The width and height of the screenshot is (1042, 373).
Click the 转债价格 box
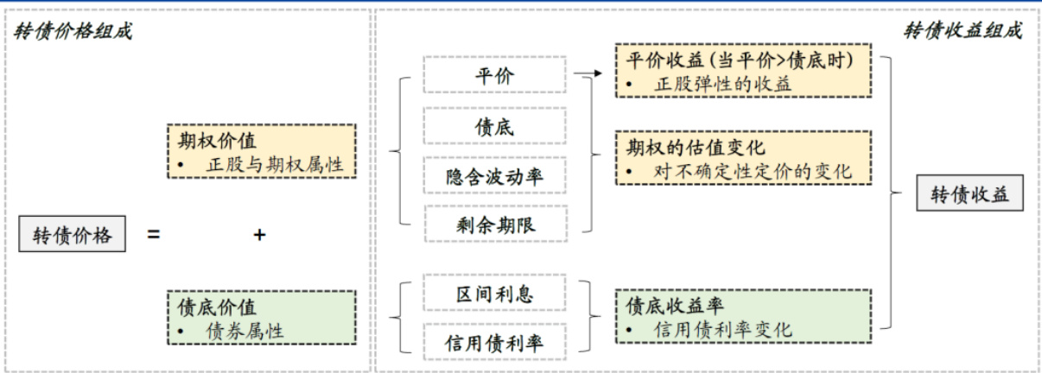[x=72, y=235]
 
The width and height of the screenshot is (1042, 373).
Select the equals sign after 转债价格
[x=153, y=234]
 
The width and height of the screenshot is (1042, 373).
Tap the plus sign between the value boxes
[x=258, y=234]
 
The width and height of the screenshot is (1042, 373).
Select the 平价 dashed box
[x=494, y=75]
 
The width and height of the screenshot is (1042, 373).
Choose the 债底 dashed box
[x=494, y=126]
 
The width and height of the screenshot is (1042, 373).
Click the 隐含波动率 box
[x=494, y=176]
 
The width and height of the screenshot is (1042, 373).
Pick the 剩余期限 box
[x=494, y=224]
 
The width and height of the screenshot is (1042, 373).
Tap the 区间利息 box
[x=494, y=294]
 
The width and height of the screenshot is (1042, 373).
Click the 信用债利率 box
[x=494, y=343]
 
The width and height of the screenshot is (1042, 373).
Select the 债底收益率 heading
[x=676, y=305]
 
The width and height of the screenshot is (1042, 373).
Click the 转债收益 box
[x=969, y=194]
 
